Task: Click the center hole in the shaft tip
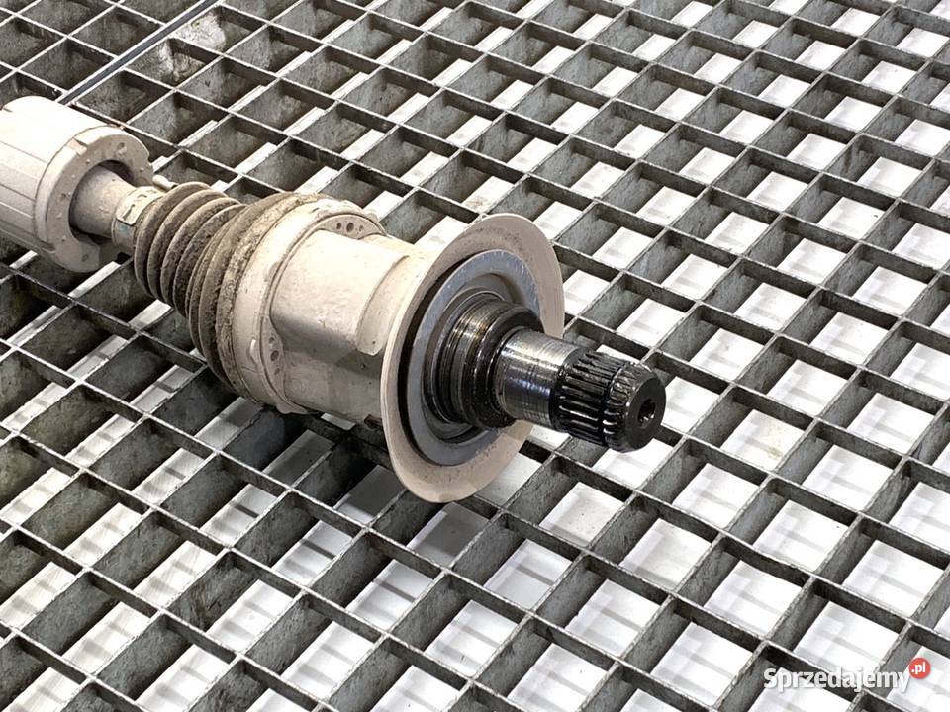click(647, 411)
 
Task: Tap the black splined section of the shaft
click(606, 400)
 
